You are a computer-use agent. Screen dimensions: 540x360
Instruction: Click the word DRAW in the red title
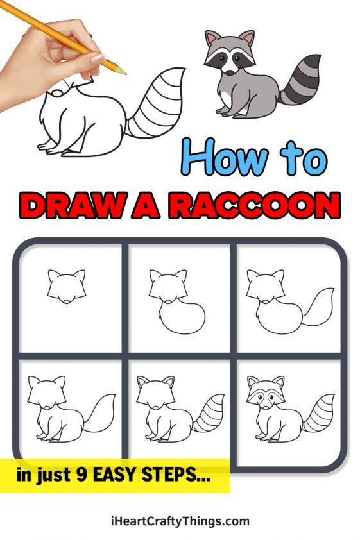coord(67,207)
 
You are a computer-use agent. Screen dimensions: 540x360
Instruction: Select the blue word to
coord(299,158)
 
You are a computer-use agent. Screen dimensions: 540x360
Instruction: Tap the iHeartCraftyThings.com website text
coord(180,521)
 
